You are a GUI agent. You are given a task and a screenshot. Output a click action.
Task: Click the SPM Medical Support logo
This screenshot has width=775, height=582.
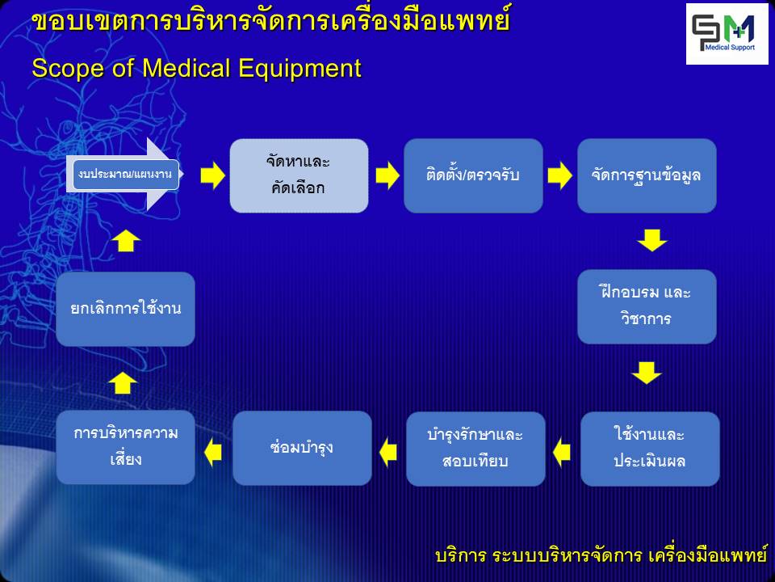727,34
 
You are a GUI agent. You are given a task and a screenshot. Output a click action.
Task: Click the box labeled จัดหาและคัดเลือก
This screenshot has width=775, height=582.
299,175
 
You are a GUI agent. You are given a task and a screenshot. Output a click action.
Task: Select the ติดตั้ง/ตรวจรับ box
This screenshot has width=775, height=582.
473,175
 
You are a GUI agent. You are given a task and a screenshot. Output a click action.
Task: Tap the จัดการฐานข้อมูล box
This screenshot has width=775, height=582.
647,175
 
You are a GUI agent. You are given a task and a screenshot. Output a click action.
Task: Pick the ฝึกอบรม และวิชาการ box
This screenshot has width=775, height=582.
647,306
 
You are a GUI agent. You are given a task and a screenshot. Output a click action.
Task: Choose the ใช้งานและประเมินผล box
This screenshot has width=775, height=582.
650,449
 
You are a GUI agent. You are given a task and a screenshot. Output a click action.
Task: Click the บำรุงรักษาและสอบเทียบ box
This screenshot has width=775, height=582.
475,449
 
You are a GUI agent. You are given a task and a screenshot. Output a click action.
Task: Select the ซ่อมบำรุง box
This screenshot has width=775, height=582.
302,448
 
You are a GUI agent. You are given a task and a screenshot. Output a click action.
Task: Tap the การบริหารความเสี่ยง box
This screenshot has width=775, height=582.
126,447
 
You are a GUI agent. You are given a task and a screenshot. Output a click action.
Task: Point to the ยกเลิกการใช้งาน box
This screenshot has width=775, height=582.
126,309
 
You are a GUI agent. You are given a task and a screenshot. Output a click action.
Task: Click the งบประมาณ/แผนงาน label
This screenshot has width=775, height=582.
126,175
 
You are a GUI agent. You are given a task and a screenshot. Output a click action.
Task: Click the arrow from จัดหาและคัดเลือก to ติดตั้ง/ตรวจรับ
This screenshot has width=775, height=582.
387,175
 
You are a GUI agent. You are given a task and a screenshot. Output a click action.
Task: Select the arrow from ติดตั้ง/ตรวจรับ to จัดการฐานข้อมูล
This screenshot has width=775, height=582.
559,175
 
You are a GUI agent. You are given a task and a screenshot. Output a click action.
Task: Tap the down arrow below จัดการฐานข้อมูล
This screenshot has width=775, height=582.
652,240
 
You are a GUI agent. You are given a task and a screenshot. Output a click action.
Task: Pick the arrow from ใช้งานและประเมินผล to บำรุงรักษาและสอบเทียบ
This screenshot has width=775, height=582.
562,452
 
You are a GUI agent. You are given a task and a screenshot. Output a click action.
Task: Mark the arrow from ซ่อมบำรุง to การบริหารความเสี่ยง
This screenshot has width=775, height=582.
213,452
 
